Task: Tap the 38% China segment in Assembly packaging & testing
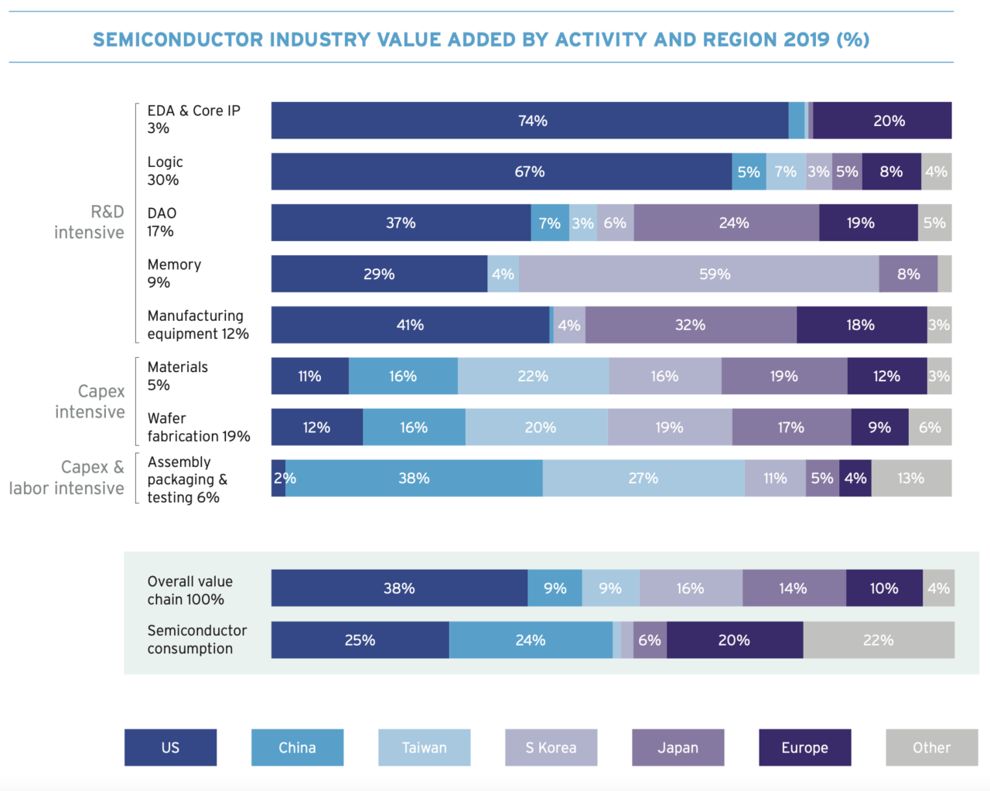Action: (x=414, y=479)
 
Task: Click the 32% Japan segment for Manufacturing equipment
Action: (x=691, y=326)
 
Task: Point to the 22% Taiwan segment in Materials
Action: (x=533, y=377)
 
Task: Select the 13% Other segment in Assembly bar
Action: (x=911, y=479)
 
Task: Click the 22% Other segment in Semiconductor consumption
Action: (x=879, y=640)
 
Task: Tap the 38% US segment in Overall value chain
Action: (x=399, y=588)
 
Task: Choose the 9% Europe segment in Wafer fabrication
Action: (x=879, y=428)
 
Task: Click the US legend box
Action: (x=170, y=748)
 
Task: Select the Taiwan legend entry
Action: (x=424, y=748)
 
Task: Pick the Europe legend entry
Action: (x=804, y=748)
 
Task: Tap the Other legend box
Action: (x=931, y=748)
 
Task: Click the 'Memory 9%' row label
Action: (x=174, y=274)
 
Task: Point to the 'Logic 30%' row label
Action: (x=165, y=171)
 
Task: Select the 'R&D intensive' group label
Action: (x=89, y=222)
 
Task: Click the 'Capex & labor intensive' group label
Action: (x=67, y=478)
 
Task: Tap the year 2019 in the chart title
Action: (x=806, y=39)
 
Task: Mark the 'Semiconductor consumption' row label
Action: (x=196, y=639)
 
